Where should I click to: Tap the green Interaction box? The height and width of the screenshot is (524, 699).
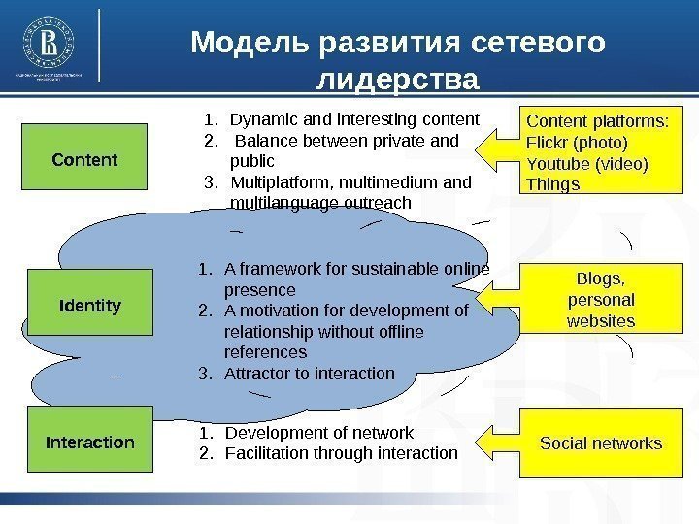click(89, 442)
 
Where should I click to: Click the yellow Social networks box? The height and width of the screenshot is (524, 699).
click(600, 443)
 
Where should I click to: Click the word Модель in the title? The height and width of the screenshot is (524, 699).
click(246, 44)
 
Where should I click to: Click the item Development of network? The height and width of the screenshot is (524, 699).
click(318, 433)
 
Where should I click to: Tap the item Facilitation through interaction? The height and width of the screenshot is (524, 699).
click(340, 453)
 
